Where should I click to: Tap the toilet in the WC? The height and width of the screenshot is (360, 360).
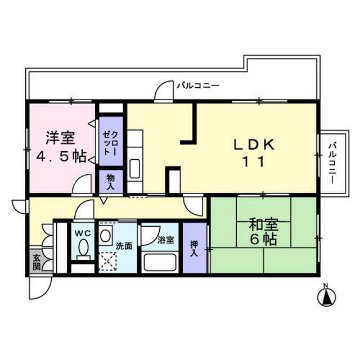click(83, 249)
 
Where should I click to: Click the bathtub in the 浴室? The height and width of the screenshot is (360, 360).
click(160, 262)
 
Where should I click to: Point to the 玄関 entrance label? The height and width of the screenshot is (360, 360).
click(37, 262)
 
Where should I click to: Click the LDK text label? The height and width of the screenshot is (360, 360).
click(254, 145)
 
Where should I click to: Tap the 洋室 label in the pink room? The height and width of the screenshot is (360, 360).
click(60, 138)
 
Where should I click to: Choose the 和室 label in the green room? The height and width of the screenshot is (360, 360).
click(264, 225)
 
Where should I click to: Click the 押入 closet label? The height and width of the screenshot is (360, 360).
click(193, 249)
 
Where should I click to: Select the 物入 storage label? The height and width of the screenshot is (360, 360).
click(111, 182)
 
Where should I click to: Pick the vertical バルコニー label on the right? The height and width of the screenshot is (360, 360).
click(332, 163)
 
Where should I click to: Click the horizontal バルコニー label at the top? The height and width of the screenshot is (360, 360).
click(198, 86)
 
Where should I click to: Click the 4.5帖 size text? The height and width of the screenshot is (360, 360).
click(61, 156)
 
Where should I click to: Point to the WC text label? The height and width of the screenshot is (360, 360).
click(83, 233)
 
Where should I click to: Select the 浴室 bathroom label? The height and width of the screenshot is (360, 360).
click(166, 240)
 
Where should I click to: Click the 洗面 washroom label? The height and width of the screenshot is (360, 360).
click(124, 246)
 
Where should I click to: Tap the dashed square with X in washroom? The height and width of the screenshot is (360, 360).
click(108, 261)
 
